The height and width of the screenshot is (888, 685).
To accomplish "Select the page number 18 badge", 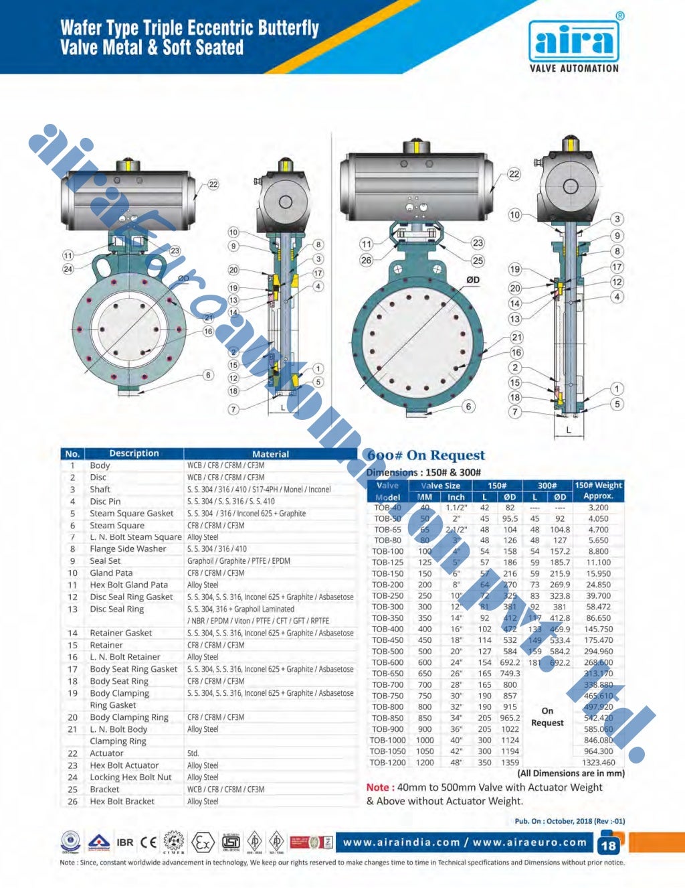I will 608,845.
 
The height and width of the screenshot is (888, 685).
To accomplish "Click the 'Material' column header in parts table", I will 270,454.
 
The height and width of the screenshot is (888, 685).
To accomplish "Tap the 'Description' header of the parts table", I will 134,453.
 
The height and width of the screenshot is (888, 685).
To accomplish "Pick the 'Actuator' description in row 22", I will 106,753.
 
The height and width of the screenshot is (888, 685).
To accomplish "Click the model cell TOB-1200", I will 388,762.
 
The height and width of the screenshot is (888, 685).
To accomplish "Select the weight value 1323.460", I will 598,762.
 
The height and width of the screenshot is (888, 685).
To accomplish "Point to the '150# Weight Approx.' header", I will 598,491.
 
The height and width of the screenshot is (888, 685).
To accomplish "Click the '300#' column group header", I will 547,486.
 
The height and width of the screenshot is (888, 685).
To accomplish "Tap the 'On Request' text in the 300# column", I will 547,717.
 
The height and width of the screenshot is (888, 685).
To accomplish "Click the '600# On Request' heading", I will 425,455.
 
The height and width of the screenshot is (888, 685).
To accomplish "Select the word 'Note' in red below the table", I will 377,788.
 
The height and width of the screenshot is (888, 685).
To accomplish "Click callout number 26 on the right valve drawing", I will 366,260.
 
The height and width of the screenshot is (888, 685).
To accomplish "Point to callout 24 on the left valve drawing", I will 68,269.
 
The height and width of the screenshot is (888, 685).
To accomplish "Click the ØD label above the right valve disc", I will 473,280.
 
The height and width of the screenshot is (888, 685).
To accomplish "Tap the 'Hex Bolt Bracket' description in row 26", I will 122,802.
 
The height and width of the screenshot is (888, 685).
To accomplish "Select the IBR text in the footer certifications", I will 125,842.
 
